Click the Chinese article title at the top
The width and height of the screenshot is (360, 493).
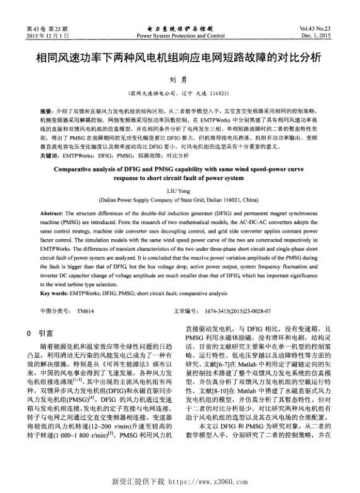point(179,57)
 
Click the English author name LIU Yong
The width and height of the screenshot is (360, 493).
point(180,192)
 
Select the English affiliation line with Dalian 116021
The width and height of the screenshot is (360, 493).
point(180,201)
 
